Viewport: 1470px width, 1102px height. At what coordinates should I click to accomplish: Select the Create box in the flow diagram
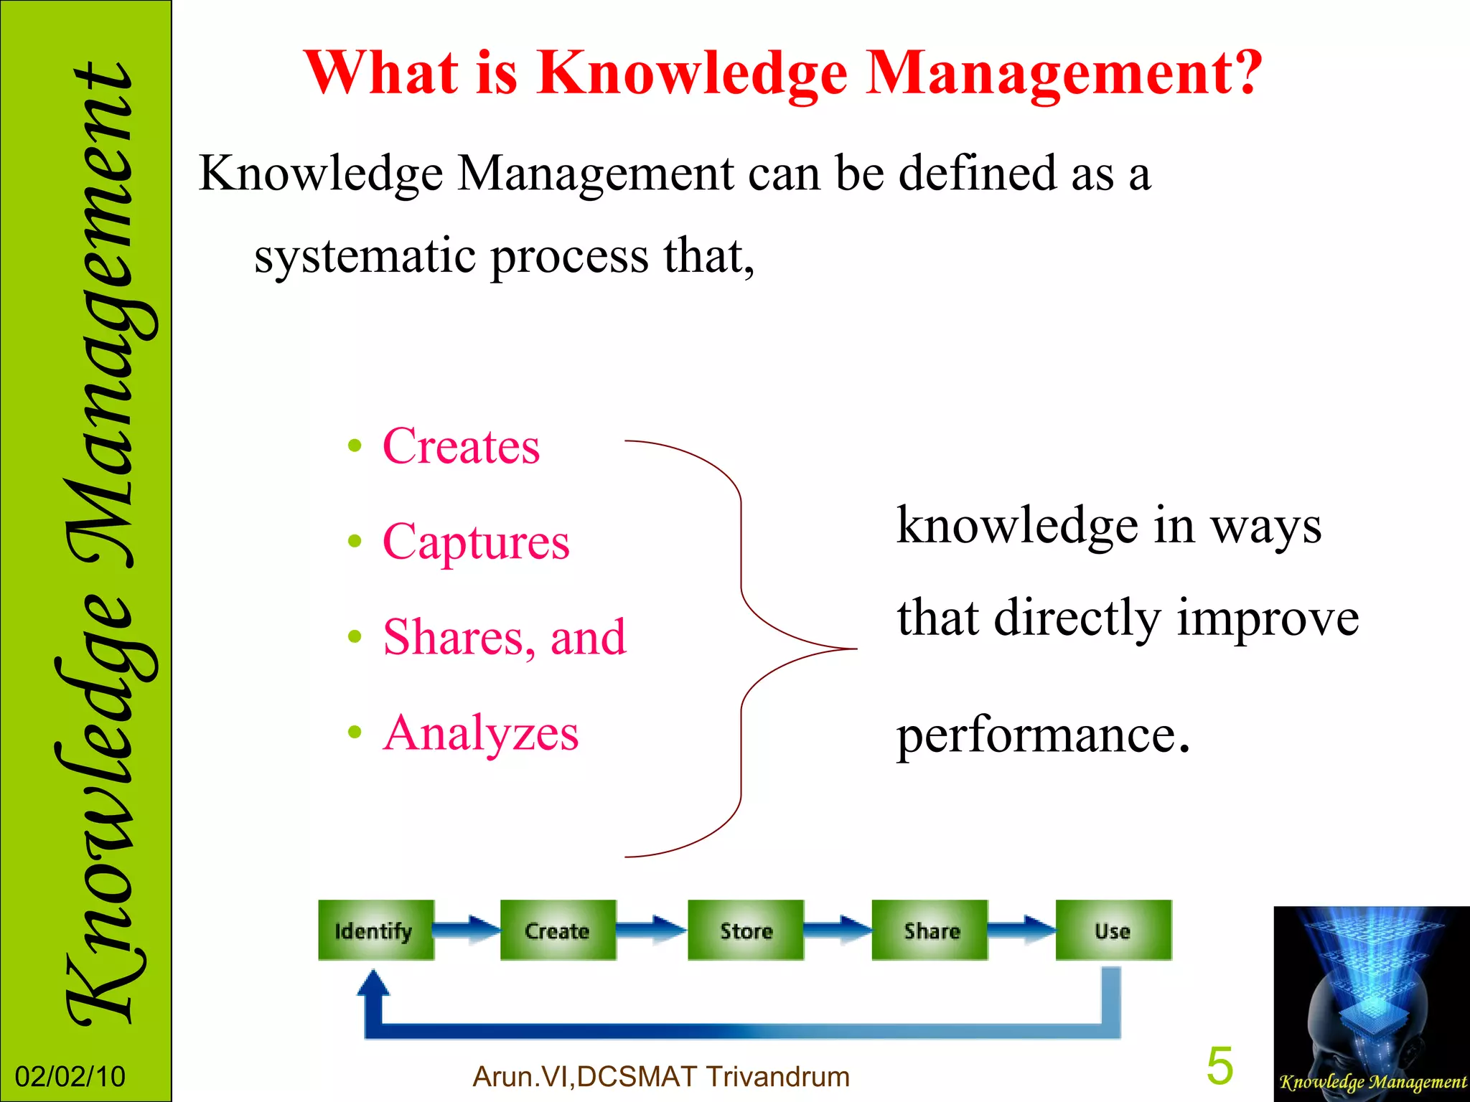tap(558, 930)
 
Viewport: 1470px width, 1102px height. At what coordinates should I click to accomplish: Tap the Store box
tap(746, 930)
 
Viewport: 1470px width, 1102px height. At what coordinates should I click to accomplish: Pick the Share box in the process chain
tap(930, 930)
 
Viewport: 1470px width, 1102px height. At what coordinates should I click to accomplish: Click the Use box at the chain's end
tap(1113, 930)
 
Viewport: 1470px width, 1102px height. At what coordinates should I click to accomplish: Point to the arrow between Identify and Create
tap(467, 929)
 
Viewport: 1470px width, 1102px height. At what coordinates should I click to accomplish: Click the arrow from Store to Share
tap(838, 929)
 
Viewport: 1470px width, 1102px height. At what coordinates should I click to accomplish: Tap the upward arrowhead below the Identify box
tap(373, 983)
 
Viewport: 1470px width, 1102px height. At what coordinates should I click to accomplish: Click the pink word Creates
tap(462, 446)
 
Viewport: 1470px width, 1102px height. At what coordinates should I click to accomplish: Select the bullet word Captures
tap(476, 542)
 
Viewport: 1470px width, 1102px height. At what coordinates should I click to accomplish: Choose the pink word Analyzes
tap(481, 733)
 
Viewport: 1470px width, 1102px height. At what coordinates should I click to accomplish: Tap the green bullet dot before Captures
tap(354, 542)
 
